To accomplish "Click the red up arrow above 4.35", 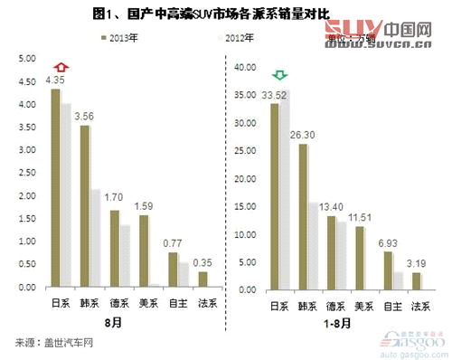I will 60,66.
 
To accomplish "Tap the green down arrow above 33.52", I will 281,73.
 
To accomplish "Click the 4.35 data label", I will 55,80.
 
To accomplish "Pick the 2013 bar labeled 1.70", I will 114,249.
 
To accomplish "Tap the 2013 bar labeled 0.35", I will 202,279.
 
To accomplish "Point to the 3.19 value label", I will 417,263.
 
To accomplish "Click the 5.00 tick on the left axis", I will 27,59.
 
